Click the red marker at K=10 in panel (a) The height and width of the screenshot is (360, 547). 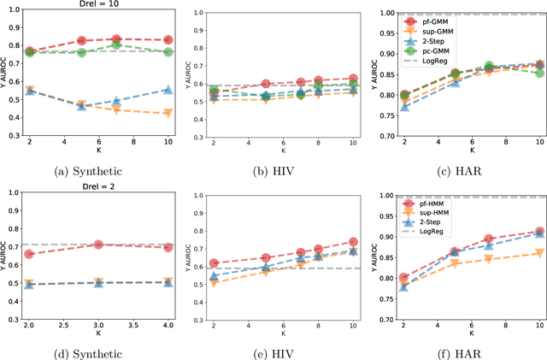pyautogui.click(x=168, y=40)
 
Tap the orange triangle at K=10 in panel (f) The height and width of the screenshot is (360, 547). pyautogui.click(x=538, y=253)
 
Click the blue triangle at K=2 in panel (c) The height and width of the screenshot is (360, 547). pyautogui.click(x=404, y=107)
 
